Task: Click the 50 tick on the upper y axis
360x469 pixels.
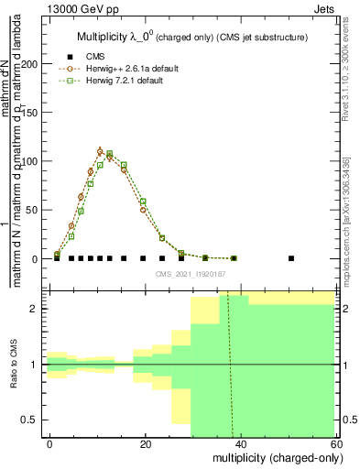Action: coord(36,210)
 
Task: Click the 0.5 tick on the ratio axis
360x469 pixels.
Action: coord(34,420)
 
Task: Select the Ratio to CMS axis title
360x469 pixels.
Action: coord(14,365)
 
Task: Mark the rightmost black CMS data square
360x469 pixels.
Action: coord(291,258)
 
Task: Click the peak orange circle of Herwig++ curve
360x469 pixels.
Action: coord(100,151)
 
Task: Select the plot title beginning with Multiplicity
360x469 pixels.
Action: coord(191,37)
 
